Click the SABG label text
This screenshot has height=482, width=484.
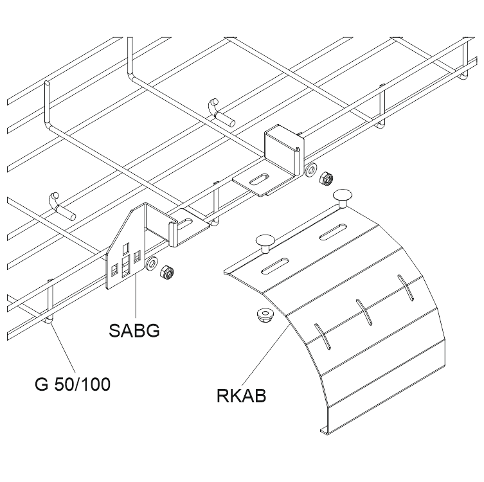click(134, 332)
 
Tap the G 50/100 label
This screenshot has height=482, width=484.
click(72, 385)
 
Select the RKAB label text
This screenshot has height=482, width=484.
click(242, 393)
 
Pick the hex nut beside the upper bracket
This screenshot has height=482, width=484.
click(326, 177)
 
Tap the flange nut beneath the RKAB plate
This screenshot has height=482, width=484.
click(262, 316)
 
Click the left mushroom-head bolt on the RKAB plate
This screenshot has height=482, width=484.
click(264, 243)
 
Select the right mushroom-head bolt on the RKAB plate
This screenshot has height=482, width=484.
click(343, 197)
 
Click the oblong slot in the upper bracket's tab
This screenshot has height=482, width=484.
click(261, 180)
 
